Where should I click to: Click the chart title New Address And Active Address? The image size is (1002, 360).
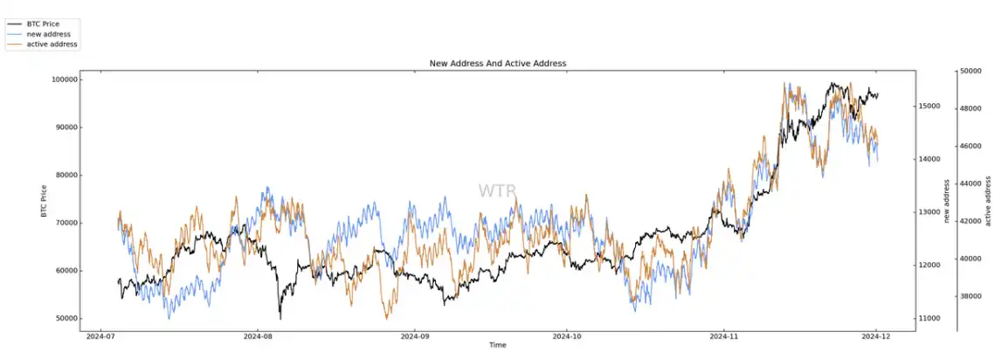(x=497, y=64)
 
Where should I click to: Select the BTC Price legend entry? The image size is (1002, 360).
(x=45, y=24)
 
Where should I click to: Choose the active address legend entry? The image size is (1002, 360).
(x=52, y=43)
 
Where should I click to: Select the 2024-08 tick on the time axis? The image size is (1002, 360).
(x=259, y=336)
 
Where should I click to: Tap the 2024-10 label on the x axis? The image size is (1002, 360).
(x=568, y=336)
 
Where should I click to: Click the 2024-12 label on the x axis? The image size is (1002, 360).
(x=876, y=336)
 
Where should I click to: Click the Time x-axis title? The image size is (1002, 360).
(x=497, y=345)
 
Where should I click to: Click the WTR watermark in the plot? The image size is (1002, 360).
(x=497, y=190)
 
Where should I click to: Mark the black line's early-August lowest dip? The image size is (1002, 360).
(x=280, y=317)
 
